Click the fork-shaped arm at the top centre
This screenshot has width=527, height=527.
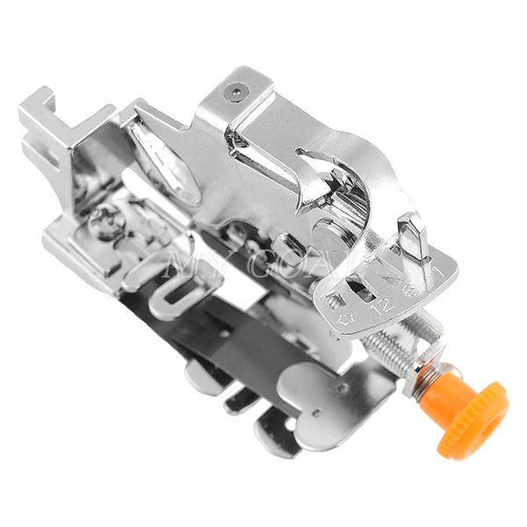325,176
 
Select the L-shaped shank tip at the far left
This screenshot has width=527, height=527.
40,114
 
